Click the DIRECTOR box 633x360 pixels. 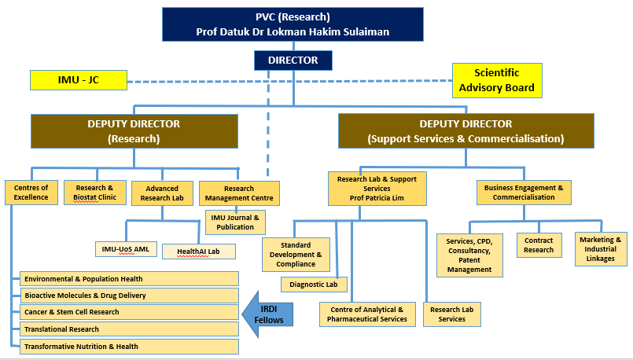click(x=293, y=60)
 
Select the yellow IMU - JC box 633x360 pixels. click(x=77, y=79)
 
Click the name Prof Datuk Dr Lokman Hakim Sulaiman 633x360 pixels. click(x=293, y=32)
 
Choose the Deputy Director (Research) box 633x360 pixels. click(x=134, y=130)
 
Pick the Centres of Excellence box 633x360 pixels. click(x=31, y=193)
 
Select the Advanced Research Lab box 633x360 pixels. click(x=162, y=193)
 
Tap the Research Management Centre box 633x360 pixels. click(x=239, y=193)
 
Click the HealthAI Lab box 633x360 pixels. click(x=198, y=252)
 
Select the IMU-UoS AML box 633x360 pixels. click(x=125, y=249)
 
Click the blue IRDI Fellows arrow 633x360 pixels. click(x=268, y=308)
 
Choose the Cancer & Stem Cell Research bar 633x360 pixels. click(x=131, y=312)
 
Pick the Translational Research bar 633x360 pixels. click(x=131, y=329)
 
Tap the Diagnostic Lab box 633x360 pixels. click(x=314, y=284)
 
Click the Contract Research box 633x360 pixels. click(x=539, y=245)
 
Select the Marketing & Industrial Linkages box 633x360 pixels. click(x=602, y=248)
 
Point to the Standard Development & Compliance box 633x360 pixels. click(x=296, y=254)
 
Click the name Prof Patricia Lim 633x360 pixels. click(x=377, y=198)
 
